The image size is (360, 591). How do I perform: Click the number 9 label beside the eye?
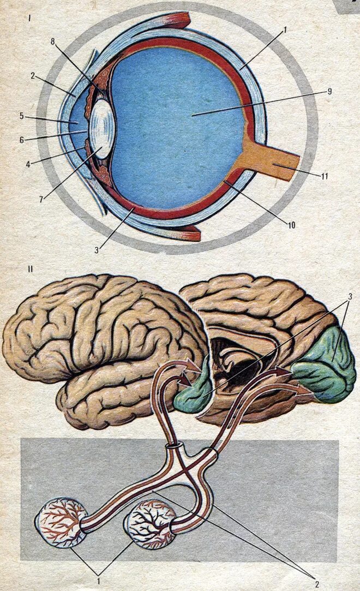[x=329, y=92]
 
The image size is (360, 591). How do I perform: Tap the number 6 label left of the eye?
[x=22, y=140]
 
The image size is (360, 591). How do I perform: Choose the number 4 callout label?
[x=22, y=162]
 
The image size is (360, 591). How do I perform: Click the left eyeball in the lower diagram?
[x=60, y=522]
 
